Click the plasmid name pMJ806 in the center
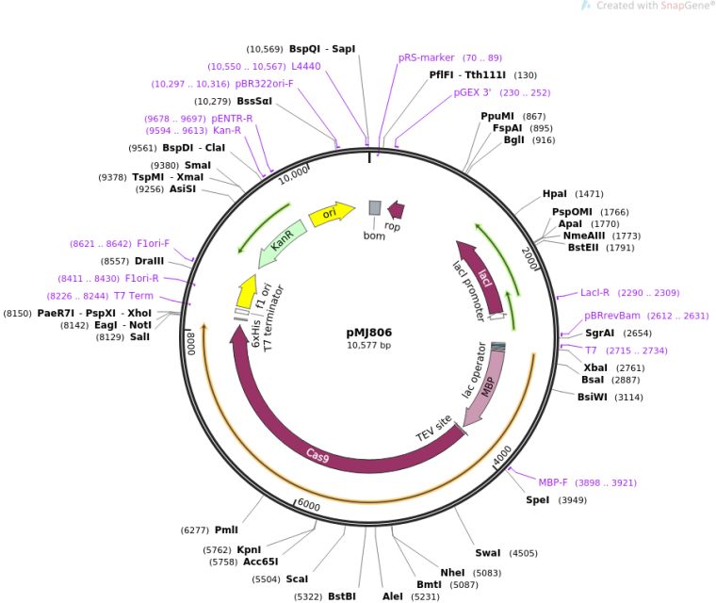(x=369, y=333)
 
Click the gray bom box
(x=374, y=208)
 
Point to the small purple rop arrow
(x=397, y=209)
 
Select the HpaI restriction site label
(x=555, y=194)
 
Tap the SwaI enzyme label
(x=488, y=553)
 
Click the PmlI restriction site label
(x=226, y=530)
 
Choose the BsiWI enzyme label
(x=595, y=398)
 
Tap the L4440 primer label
(x=306, y=66)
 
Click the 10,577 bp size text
(x=369, y=346)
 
